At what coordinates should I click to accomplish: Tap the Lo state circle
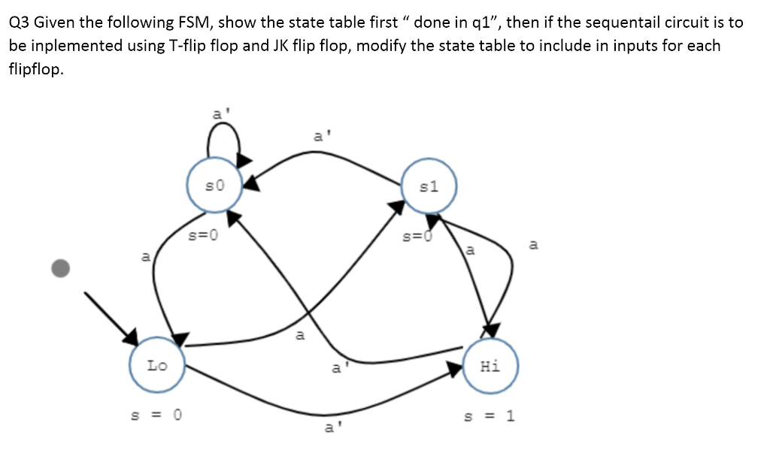157,366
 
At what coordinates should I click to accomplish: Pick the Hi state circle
490,366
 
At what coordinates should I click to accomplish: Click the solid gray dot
61,268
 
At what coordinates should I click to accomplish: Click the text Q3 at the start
20,22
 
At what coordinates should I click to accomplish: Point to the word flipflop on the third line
35,69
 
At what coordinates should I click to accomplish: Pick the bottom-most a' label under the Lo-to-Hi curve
329,429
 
